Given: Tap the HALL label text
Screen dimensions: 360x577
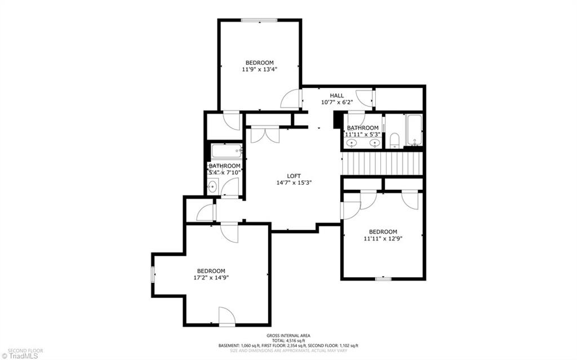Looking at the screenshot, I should (336, 95).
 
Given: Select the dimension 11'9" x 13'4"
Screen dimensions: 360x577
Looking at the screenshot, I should (259, 69).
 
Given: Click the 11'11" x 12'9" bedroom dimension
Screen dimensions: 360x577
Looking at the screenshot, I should (383, 238).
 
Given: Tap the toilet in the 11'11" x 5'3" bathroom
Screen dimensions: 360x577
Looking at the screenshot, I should (394, 140).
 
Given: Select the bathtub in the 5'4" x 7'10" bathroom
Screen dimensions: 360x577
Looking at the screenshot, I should (226, 150).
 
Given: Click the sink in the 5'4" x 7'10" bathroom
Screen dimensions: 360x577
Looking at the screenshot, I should (212, 187).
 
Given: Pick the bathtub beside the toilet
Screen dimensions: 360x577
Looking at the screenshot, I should (414, 130).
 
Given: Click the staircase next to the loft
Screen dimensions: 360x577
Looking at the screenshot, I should (383, 165).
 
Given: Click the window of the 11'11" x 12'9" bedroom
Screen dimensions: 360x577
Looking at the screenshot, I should (383, 278).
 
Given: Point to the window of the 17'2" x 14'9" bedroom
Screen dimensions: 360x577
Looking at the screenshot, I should (152, 274).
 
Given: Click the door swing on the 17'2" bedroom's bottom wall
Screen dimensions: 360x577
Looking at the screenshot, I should (226, 316).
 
